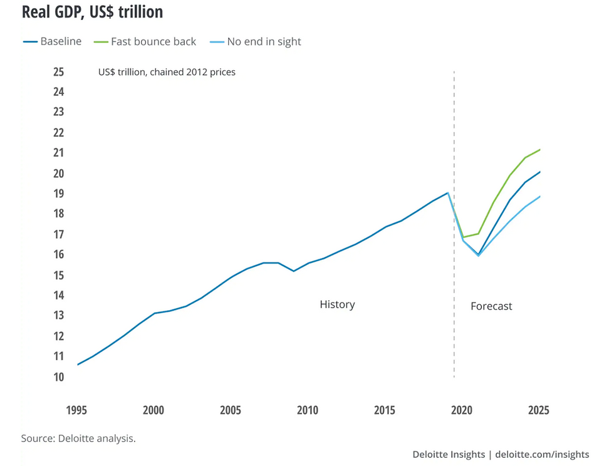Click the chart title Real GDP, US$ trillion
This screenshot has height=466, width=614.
pos(92,12)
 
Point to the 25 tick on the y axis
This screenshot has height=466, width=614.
pos(58,72)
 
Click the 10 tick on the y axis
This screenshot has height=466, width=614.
pos(58,377)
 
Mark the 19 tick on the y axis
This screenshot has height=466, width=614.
pos(58,194)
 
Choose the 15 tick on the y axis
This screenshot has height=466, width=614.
pos(58,276)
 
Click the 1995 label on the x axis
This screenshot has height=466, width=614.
pos(77,411)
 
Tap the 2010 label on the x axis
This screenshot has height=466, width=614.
pos(308,411)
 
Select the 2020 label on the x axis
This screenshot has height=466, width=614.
pos(462,411)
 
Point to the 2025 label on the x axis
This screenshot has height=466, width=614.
pos(539,411)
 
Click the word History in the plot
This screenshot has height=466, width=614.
pos(337,305)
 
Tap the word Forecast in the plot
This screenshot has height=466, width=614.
pos(491,306)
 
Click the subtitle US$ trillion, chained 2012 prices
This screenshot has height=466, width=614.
pos(167,73)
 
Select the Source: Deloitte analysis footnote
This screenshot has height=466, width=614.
pos(78,438)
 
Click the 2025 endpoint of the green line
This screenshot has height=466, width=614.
pos(540,150)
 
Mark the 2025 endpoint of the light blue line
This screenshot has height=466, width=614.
pos(540,197)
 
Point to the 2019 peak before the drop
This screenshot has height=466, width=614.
pos(447,193)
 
